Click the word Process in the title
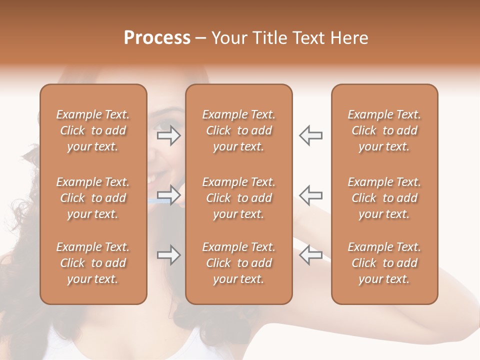[157, 38]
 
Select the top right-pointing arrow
[169, 136]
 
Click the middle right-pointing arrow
[169, 195]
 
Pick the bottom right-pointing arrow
[169, 255]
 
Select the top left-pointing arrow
[310, 136]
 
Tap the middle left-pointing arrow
[310, 195]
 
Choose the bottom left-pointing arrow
[310, 255]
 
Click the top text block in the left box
[93, 130]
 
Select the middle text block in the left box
[93, 198]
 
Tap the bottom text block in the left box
[93, 263]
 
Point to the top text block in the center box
[238, 130]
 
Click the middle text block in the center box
[238, 198]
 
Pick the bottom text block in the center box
[238, 263]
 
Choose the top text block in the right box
[384, 130]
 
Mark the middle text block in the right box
[384, 198]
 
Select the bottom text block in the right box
[384, 263]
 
